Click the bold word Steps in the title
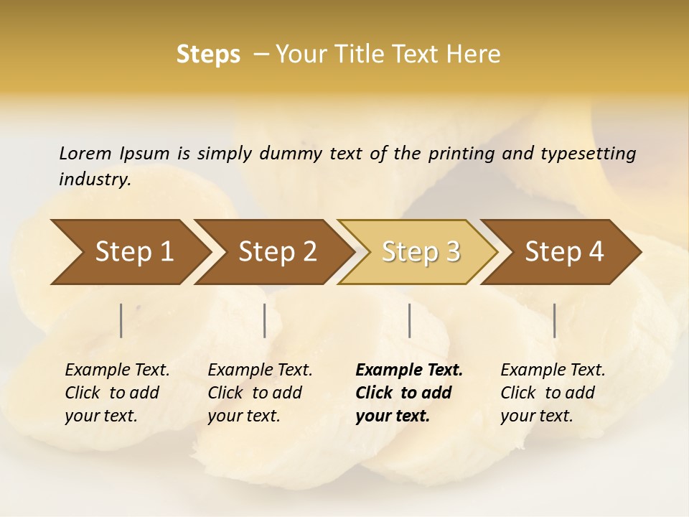point(208,55)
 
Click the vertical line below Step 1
point(121,320)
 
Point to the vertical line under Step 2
point(265,320)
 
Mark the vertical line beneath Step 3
point(409,320)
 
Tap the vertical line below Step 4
point(555,320)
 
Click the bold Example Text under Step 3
point(409,371)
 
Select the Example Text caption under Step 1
point(117,371)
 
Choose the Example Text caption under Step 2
point(260,371)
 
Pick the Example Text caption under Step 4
point(553,371)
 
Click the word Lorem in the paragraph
point(85,153)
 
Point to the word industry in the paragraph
point(95,180)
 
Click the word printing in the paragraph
point(461,153)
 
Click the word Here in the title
point(477,55)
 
